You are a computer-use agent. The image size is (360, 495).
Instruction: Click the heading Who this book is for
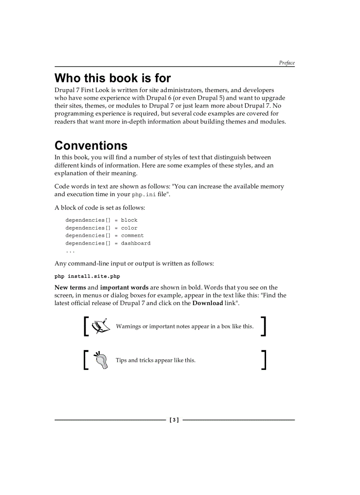(x=112, y=78)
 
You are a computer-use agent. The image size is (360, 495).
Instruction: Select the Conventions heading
(x=91, y=145)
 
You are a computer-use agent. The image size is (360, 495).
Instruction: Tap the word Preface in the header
(x=286, y=63)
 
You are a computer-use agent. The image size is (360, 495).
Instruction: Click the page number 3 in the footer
(x=174, y=420)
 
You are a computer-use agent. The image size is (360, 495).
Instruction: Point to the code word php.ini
(x=144, y=194)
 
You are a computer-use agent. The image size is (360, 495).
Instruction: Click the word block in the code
(x=129, y=220)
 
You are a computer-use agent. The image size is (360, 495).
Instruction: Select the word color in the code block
(x=129, y=228)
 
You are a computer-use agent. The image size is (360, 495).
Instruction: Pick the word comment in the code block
(x=132, y=235)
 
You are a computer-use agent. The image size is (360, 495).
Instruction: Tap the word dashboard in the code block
(x=136, y=243)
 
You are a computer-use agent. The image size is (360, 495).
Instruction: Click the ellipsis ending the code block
(x=70, y=251)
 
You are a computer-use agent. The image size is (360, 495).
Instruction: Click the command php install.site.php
(x=87, y=276)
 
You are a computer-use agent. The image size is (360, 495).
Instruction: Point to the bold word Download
(x=207, y=303)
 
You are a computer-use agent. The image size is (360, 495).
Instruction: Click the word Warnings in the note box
(x=128, y=327)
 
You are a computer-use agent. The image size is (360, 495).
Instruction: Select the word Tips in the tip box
(x=121, y=360)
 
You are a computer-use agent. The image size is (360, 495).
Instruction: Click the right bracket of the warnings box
(x=263, y=326)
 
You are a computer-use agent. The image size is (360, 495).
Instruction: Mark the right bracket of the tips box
(x=263, y=360)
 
